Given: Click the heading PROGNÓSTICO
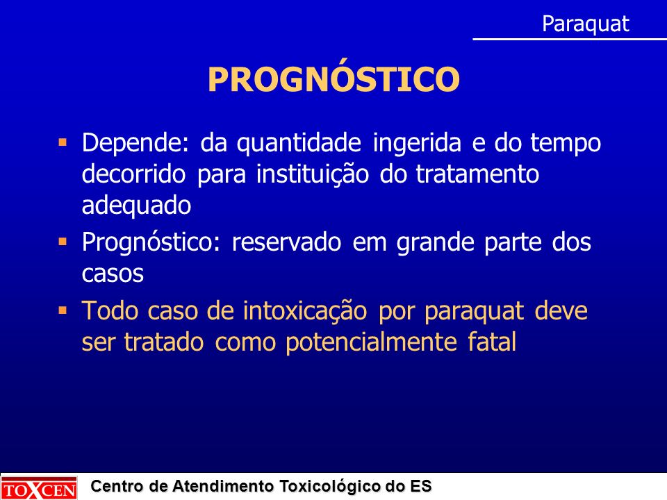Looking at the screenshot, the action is coord(333,78).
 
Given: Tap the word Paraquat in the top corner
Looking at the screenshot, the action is coord(585,24).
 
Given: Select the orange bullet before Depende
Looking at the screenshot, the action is coord(63,142).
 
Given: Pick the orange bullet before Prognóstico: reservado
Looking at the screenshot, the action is coord(63,242).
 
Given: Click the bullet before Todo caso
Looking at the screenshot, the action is coord(63,310).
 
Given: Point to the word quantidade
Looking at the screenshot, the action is coord(299,143).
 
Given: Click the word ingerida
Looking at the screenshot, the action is coord(417,143).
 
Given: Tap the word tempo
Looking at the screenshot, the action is coord(566,143).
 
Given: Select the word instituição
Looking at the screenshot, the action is coord(312,174).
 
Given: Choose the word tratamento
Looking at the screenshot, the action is coord(477,174).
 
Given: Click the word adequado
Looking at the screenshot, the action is coord(136,206).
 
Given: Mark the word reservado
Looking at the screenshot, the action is coord(286,242).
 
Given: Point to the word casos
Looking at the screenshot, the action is coord(113,274).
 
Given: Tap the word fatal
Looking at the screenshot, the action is coord(492,342).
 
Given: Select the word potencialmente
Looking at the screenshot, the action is coord(371,342).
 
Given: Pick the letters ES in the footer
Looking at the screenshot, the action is coord(421,485).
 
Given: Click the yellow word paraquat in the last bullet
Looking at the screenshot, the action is coord(473,312).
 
